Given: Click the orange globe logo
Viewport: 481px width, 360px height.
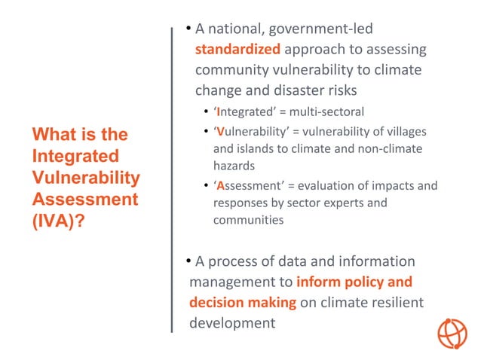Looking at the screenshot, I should click(452, 332).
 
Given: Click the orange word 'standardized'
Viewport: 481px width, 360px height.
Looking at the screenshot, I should click(237, 50).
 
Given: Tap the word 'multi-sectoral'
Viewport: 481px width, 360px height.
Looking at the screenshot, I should click(326, 112).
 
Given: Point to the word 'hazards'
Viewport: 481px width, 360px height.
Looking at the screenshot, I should click(234, 165).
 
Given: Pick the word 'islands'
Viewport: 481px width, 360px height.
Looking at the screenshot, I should click(258, 148).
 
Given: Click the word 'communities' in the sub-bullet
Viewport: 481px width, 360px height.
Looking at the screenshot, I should click(248, 220).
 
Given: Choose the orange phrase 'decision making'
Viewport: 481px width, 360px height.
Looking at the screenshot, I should click(243, 302).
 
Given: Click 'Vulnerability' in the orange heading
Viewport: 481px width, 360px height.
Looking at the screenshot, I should click(86, 178).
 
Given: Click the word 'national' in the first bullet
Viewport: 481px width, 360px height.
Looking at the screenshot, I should click(232, 29).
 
